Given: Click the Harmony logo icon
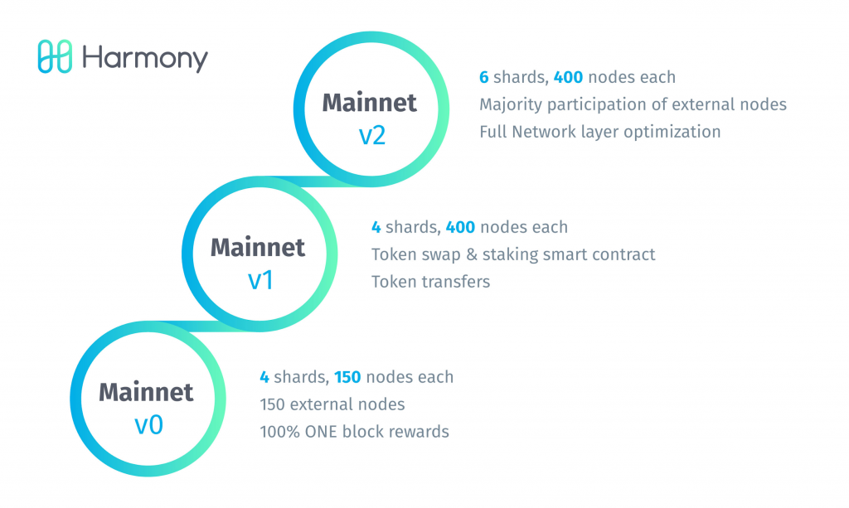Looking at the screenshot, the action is click(x=55, y=56).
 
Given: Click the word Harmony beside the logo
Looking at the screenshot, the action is click(x=145, y=59).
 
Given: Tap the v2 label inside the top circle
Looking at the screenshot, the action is click(x=372, y=135).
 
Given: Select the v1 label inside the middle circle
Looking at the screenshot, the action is click(x=260, y=280).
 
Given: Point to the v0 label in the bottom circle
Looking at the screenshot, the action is click(x=149, y=425).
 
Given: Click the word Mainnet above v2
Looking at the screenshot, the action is click(x=370, y=103).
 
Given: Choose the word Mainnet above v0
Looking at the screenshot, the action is click(x=146, y=392).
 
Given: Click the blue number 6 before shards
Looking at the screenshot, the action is click(x=484, y=77).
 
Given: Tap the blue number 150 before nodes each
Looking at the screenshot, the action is click(x=347, y=377).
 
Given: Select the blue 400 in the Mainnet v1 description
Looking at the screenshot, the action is click(x=460, y=227).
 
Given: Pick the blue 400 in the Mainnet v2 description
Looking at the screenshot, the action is click(x=569, y=77).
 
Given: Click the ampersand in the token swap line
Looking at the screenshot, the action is click(x=472, y=254).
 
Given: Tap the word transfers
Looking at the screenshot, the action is click(x=457, y=282).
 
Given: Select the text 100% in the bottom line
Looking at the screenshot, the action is click(x=280, y=432).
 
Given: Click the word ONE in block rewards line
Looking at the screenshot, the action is click(x=321, y=432).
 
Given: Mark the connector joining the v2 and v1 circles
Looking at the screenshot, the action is click(x=318, y=181).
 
